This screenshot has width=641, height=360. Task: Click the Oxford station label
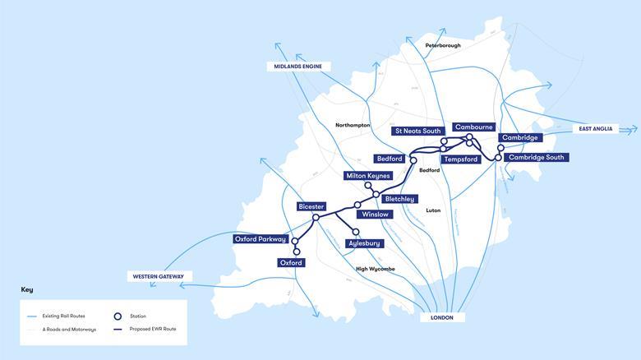click(291, 263)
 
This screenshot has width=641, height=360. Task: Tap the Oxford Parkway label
click(261, 239)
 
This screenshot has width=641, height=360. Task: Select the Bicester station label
click(312, 205)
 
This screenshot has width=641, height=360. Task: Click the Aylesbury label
click(365, 244)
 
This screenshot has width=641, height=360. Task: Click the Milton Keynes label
click(368, 177)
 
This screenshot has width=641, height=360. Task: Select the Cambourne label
click(474, 127)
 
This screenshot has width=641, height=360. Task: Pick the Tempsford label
click(460, 159)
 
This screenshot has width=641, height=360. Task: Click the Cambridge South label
click(534, 157)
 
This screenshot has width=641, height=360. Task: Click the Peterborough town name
click(443, 45)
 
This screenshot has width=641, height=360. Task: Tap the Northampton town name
click(353, 125)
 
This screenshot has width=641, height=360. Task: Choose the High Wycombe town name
click(376, 269)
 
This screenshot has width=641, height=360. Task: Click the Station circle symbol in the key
click(118, 316)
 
